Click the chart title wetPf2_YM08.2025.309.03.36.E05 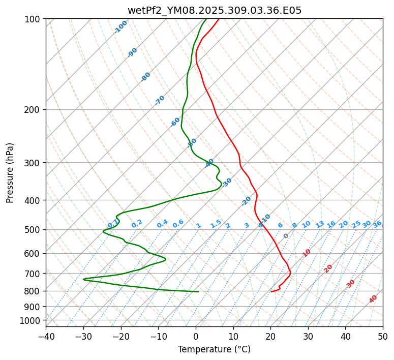[x=214, y=10]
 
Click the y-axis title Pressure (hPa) [x=10, y=172]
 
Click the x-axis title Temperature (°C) [x=214, y=349]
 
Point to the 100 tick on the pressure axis [x=33, y=19]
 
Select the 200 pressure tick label [x=33, y=109]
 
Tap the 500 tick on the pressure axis [x=33, y=229]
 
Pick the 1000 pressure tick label [x=31, y=320]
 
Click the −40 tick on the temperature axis [x=46, y=336]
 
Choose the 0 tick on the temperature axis [x=196, y=336]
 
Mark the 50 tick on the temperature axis [x=383, y=336]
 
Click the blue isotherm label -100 [x=121, y=27]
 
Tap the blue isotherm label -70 [x=160, y=100]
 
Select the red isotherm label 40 [x=373, y=299]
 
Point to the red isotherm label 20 [x=328, y=268]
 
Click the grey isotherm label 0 [x=286, y=236]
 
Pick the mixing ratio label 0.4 [x=162, y=224]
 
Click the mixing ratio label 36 [x=377, y=224]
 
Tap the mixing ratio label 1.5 [x=216, y=224]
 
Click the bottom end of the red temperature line [x=271, y=292]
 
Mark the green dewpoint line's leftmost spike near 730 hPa [x=83, y=279]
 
